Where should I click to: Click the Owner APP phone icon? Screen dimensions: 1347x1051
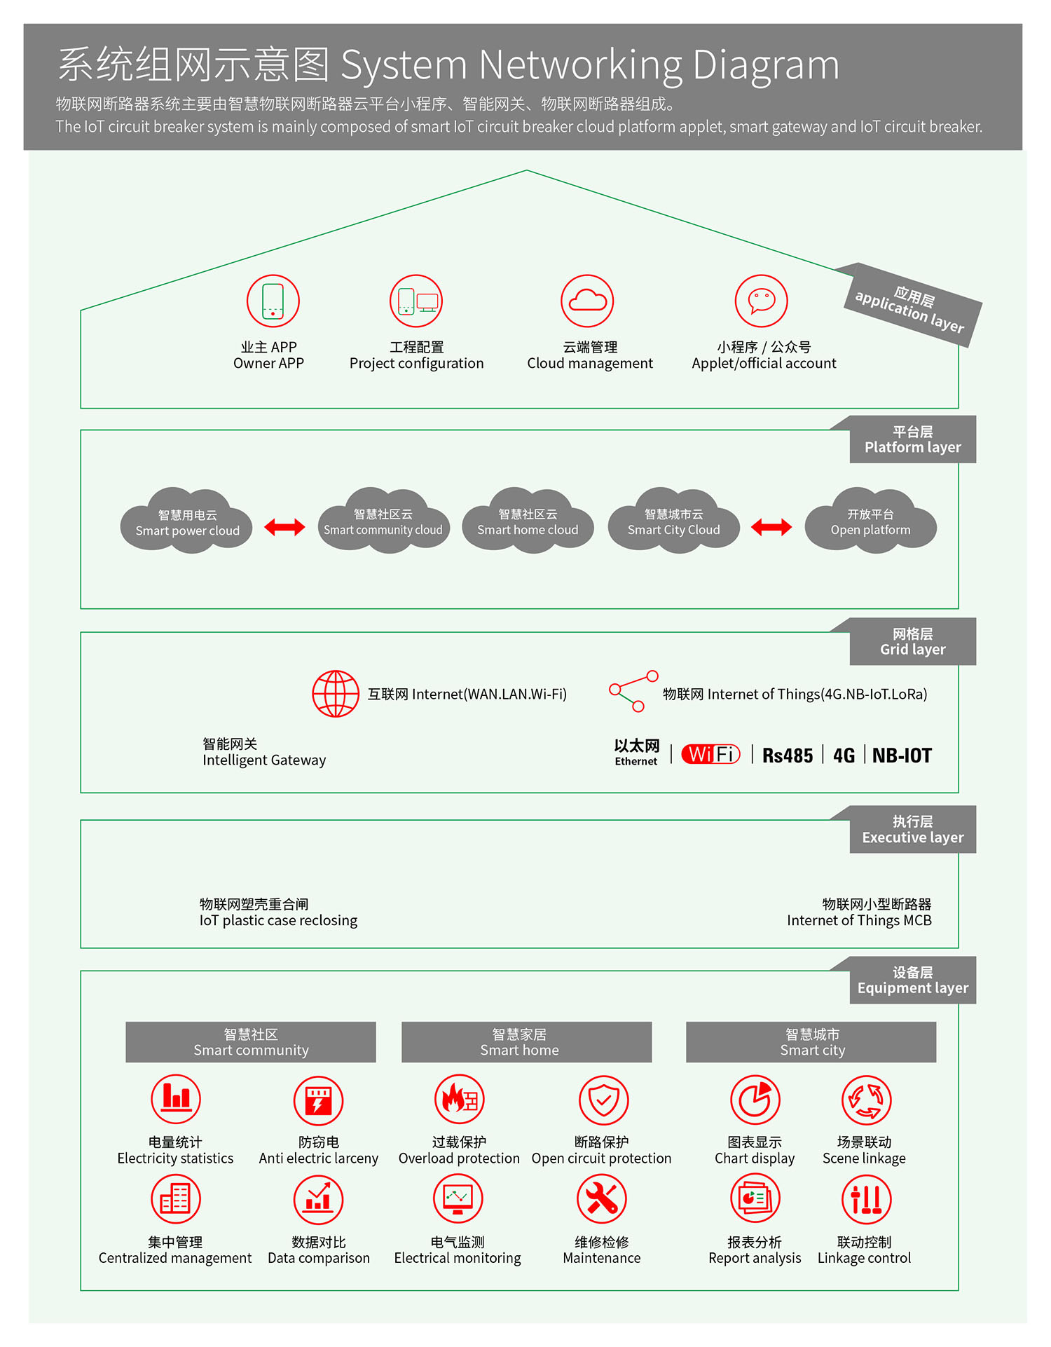click(273, 301)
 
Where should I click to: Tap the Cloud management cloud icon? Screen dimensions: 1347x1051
click(587, 301)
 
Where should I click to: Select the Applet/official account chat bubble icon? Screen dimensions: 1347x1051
click(761, 301)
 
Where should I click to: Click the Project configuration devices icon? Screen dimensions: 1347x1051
click(416, 301)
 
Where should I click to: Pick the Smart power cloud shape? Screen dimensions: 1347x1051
click(186, 522)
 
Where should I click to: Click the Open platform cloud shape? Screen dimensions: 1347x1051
click(870, 522)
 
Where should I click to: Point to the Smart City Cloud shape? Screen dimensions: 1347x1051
click(673, 522)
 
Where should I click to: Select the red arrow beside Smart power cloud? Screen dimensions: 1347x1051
click(284, 527)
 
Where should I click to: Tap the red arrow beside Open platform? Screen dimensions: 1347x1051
click(771, 527)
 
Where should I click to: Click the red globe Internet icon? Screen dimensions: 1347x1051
click(336, 694)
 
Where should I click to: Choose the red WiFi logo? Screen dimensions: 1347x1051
click(710, 754)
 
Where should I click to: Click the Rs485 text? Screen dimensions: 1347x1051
click(788, 755)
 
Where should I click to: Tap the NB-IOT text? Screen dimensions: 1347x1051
click(902, 755)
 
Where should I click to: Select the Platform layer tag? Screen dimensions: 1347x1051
click(912, 439)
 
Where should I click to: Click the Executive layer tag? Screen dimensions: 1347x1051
click(912, 830)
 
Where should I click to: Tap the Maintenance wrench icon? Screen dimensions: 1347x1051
click(601, 1199)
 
